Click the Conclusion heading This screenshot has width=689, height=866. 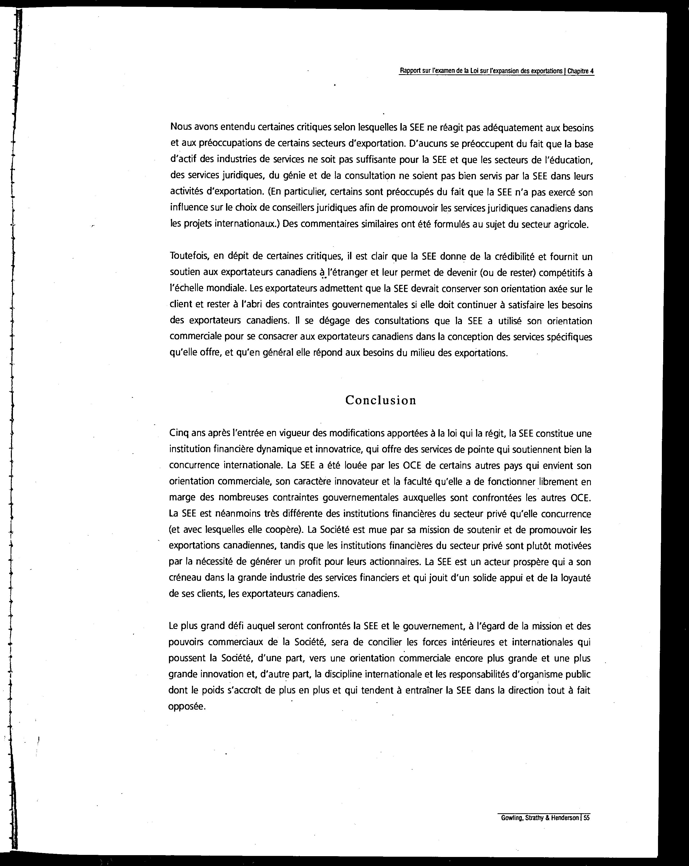point(381,400)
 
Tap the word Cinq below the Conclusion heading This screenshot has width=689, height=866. point(179,434)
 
